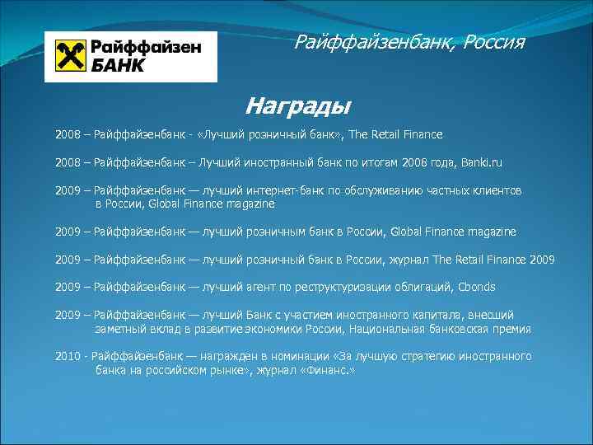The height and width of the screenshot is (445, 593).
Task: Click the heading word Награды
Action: click(297, 106)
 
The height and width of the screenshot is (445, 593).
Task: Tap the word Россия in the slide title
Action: click(493, 41)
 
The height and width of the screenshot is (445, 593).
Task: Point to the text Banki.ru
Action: click(480, 163)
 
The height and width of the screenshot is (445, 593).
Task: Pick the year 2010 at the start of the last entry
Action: click(68, 357)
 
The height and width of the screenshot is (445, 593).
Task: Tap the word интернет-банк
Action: click(281, 190)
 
